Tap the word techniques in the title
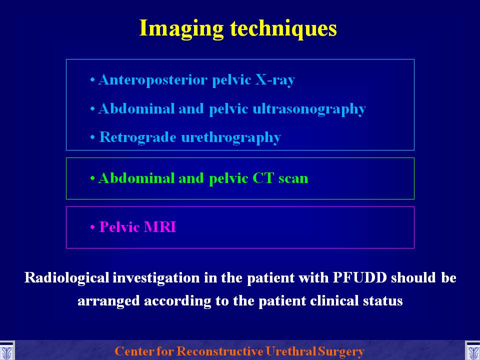(283, 29)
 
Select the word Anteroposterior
(153, 80)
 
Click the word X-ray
(275, 80)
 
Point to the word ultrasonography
(309, 109)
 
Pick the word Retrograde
(138, 137)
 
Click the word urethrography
(231, 138)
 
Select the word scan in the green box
(293, 179)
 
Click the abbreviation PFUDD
(359, 277)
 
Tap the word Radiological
(66, 277)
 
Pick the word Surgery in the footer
(341, 351)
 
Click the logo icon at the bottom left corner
(7, 351)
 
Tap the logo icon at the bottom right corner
(472, 351)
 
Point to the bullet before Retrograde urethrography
(92, 138)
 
